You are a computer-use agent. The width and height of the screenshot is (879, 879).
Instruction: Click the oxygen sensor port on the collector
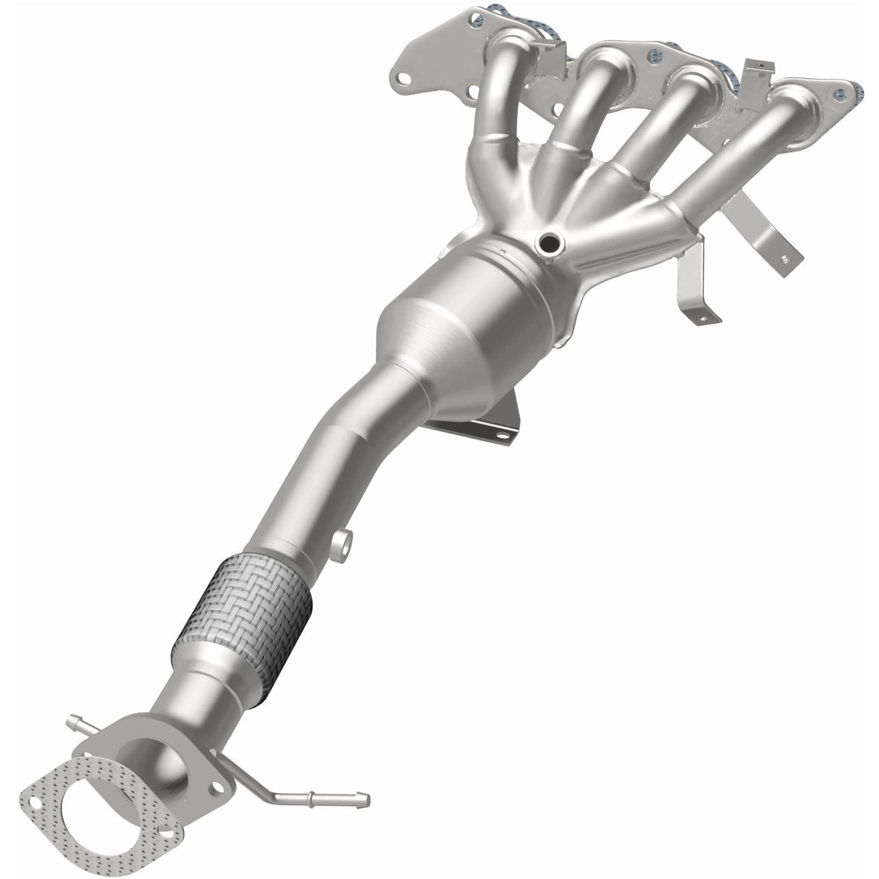tap(550, 245)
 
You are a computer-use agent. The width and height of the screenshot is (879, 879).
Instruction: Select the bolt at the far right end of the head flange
tap(838, 93)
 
